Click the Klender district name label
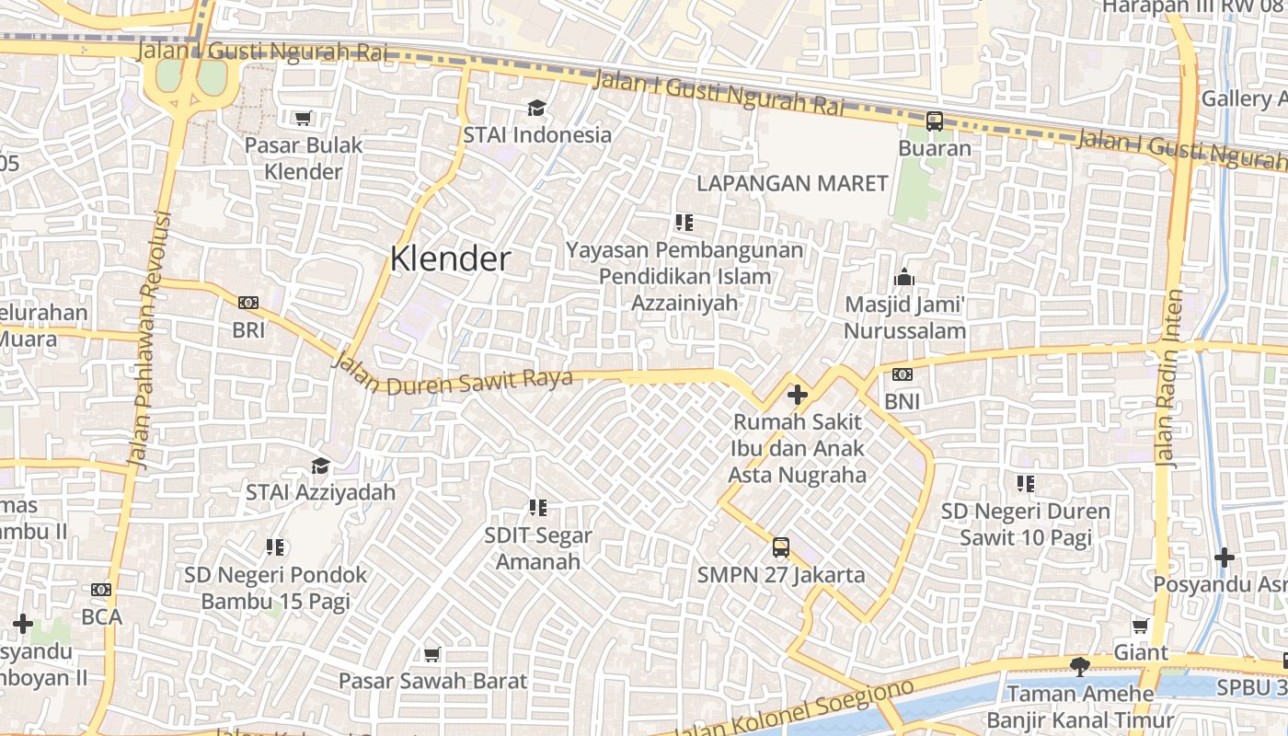(x=450, y=259)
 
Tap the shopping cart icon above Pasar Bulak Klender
(x=304, y=118)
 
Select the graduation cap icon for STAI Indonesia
(x=536, y=109)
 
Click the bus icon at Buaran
(x=934, y=121)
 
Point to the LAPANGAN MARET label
(x=792, y=183)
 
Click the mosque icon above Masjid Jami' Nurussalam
(x=903, y=277)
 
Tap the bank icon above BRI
(x=247, y=303)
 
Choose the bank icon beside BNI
(x=902, y=374)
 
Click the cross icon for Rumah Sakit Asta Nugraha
(x=797, y=396)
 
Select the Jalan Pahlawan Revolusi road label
(x=150, y=340)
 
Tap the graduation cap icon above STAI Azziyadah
(x=320, y=466)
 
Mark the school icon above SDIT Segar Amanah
(x=538, y=508)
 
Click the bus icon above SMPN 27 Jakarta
(x=780, y=547)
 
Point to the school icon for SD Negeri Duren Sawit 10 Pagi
(x=1026, y=484)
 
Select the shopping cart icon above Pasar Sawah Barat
(x=431, y=654)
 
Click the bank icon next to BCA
(x=101, y=590)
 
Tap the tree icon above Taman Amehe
(x=1080, y=666)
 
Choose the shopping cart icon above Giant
(x=1140, y=627)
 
